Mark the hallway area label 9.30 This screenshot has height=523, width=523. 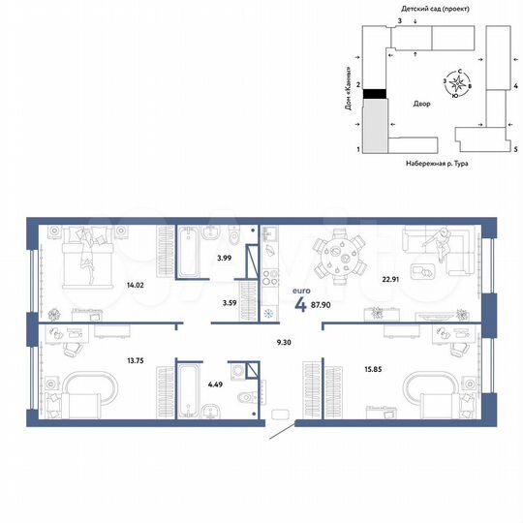point(285,341)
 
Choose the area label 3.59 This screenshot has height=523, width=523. point(230,304)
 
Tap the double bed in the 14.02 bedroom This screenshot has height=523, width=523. point(86,257)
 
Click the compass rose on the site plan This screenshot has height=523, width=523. point(453,85)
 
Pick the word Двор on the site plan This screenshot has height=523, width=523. point(420,102)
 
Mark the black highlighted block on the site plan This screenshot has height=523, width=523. point(373,93)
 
